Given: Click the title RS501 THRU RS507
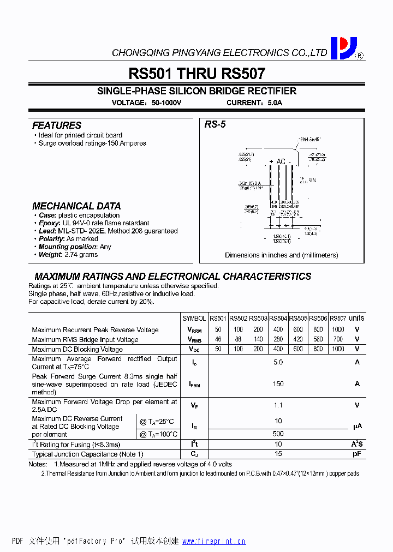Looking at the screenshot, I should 196,74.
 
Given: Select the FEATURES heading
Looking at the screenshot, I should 56,125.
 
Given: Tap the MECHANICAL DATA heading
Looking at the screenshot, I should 76,206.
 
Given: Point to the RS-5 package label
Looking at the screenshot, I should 215,125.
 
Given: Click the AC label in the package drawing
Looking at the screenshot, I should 281,161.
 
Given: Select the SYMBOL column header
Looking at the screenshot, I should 194,319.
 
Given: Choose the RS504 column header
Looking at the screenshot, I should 278,319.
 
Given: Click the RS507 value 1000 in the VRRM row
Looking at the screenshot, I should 338,329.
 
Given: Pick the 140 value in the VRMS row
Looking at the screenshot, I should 258,339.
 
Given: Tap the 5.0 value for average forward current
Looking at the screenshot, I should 278,362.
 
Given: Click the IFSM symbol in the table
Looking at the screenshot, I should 194,385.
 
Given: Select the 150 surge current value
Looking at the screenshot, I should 278,384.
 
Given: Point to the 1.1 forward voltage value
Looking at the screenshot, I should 278,405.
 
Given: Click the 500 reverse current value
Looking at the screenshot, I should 278,434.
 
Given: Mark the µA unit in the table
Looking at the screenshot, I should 357,427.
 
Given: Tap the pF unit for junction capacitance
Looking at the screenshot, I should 357,454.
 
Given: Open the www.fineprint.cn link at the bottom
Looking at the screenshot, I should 213,542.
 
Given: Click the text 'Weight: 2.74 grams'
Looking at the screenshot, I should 68,255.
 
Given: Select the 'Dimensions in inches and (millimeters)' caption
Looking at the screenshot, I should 281,255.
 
